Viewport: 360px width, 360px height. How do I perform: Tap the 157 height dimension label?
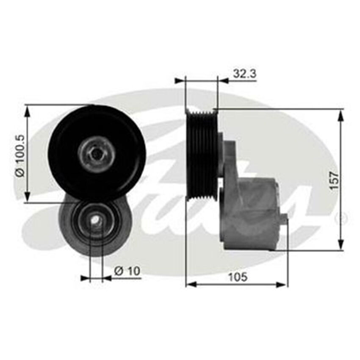coord(334,180)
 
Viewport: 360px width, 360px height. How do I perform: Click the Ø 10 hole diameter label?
coord(127,271)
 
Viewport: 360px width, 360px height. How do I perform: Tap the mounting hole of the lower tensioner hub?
coord(97,220)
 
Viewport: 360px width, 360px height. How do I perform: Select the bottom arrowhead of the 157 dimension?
coord(341,246)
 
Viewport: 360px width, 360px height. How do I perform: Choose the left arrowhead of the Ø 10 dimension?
coord(85,278)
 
